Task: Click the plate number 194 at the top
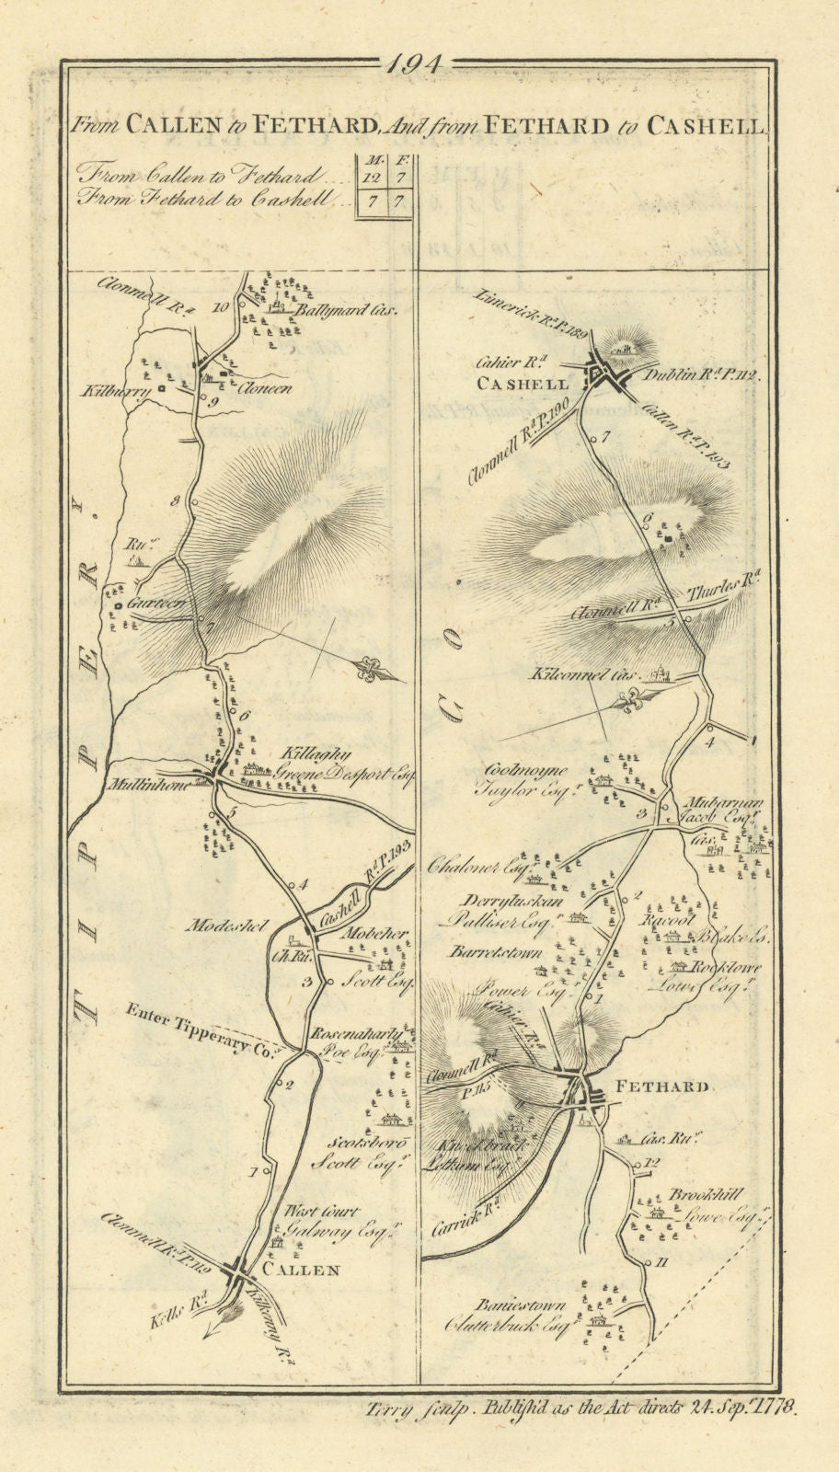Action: tap(416, 65)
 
